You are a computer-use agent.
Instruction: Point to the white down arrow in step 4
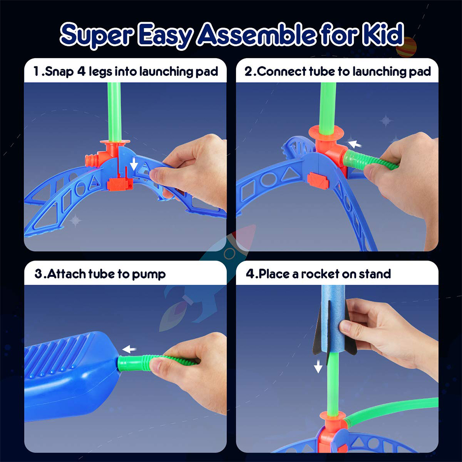[318, 367]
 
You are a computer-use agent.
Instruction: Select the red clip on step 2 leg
[318, 180]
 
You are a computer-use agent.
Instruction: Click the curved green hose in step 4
[393, 407]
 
